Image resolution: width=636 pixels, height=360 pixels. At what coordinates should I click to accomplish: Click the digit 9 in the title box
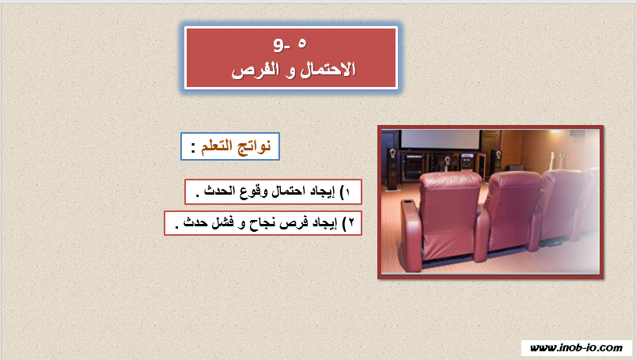[280, 44]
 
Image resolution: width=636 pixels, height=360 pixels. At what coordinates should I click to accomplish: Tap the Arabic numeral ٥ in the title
[302, 43]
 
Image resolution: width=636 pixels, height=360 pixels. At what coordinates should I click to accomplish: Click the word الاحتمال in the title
[327, 70]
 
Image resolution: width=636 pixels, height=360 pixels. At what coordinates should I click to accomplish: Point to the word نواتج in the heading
[252, 146]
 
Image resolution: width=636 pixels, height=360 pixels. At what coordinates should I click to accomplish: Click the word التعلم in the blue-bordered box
[217, 146]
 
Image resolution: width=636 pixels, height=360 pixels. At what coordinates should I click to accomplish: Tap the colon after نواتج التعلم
[193, 146]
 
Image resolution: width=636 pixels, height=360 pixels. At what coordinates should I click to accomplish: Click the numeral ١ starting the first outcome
[347, 192]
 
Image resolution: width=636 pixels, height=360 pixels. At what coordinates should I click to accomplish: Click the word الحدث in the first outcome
[220, 191]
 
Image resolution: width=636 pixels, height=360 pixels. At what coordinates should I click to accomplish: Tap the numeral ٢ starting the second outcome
[351, 223]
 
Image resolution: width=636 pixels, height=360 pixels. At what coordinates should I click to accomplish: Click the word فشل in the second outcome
[223, 223]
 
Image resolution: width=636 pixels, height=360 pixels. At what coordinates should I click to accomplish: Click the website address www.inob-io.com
[576, 348]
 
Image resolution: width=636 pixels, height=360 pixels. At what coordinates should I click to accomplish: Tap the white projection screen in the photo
[440, 139]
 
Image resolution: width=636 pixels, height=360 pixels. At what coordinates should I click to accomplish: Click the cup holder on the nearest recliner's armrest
[407, 202]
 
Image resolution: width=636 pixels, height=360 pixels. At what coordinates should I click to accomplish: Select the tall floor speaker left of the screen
[392, 169]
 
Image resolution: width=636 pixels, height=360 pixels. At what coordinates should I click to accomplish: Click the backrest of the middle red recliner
[514, 203]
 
